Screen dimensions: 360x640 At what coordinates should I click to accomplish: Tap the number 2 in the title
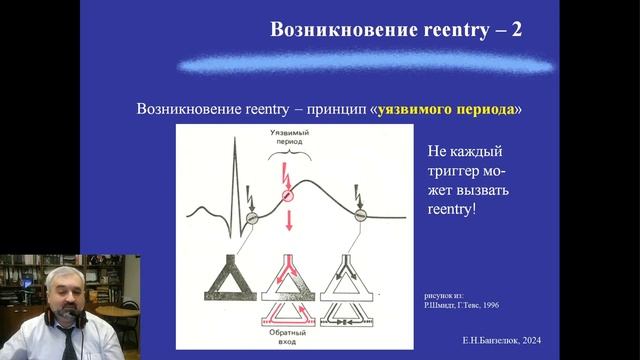pyautogui.click(x=515, y=28)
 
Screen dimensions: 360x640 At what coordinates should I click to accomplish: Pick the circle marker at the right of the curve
pyautogui.click(x=359, y=211)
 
